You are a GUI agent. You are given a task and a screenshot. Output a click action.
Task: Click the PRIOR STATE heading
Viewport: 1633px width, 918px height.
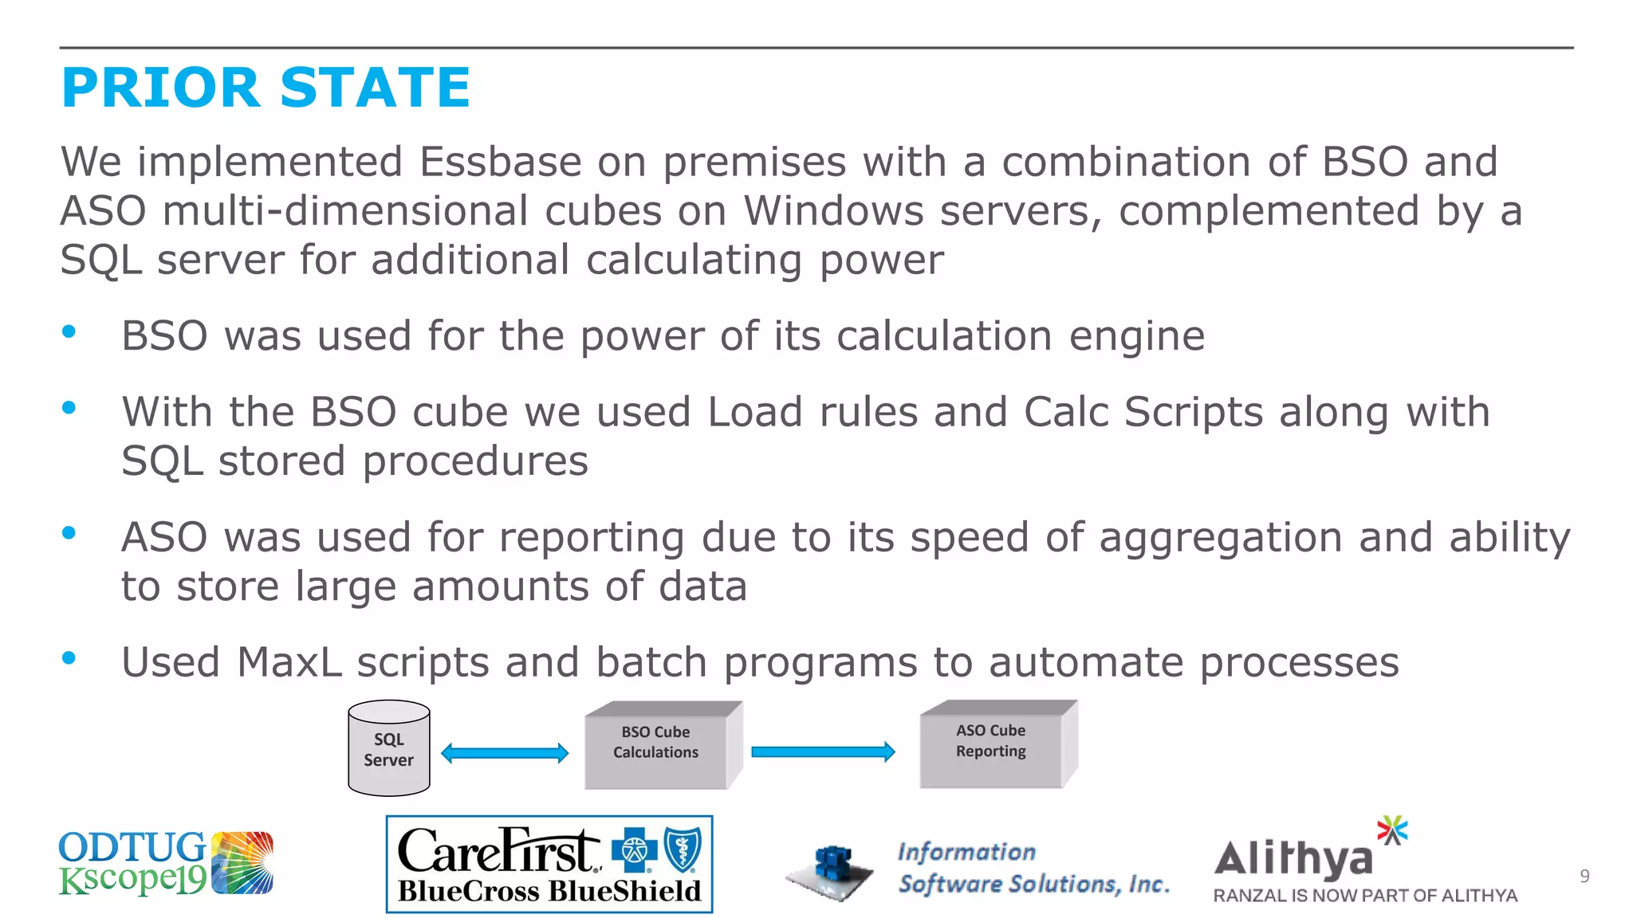(266, 88)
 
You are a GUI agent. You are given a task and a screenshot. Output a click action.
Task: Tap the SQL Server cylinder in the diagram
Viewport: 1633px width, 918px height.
(389, 749)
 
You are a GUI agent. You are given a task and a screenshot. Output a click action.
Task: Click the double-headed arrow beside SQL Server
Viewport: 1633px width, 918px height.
(505, 753)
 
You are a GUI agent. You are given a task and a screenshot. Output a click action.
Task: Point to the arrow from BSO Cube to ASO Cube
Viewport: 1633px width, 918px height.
(823, 751)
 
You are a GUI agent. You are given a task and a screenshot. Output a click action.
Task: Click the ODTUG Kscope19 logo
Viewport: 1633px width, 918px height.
(166, 863)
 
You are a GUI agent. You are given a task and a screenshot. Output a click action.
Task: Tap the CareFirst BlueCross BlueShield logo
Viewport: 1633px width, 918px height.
(549, 865)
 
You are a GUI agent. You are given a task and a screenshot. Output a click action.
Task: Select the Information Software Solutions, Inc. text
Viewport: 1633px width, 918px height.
(1033, 868)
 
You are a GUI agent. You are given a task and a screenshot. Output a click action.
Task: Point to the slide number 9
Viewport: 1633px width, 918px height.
(1584, 877)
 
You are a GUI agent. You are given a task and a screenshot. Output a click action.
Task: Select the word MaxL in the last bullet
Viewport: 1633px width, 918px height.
(289, 662)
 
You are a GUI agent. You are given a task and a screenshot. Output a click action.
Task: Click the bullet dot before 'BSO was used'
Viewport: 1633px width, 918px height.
(69, 332)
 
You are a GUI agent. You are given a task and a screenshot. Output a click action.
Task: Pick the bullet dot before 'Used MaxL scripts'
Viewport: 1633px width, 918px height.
(69, 658)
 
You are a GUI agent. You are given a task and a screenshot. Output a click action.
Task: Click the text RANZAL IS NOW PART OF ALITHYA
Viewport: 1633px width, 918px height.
(1364, 896)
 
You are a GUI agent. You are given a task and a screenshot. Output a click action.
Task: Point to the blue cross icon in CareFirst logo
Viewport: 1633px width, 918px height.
(634, 850)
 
